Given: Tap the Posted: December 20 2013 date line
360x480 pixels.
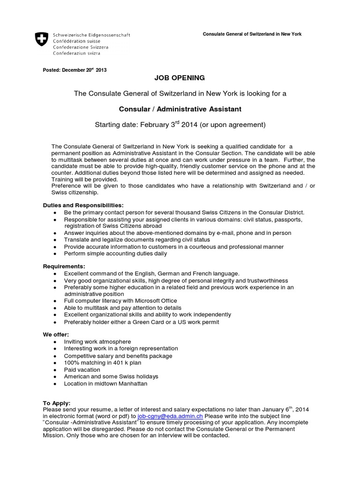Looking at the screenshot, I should click(x=75, y=70).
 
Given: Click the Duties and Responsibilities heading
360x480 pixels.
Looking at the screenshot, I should click(x=83, y=205).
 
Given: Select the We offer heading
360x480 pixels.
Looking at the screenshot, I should click(x=56, y=334).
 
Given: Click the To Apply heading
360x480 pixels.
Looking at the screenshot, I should click(x=57, y=403).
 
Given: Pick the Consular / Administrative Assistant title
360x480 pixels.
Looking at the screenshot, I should click(x=180, y=109).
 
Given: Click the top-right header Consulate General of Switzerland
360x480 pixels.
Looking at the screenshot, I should click(x=251, y=34).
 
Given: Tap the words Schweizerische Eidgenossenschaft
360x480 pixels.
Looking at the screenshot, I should click(x=91, y=35).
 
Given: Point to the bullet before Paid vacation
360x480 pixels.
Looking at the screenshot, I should click(x=55, y=370).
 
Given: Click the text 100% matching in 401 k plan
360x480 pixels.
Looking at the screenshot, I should click(x=102, y=362).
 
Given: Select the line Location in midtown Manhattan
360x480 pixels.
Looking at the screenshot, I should click(x=105, y=383).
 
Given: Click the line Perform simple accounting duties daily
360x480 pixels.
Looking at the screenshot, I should click(x=115, y=254).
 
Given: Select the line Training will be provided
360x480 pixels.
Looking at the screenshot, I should click(x=84, y=180).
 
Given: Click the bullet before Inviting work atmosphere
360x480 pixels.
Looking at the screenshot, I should click(x=55, y=342).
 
